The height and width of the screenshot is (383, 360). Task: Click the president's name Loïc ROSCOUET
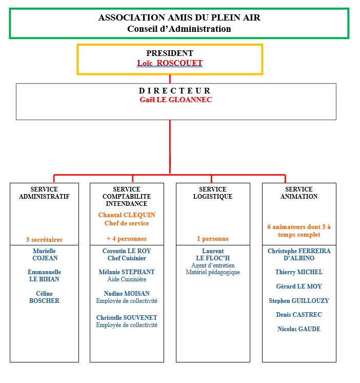(170, 63)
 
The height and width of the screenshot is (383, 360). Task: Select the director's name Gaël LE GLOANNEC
(175, 100)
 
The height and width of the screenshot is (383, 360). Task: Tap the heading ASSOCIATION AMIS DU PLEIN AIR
(179, 17)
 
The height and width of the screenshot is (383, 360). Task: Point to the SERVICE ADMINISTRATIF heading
(44, 193)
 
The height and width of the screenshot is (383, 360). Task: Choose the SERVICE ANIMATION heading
(299, 193)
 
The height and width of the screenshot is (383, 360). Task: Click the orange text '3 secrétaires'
(44, 239)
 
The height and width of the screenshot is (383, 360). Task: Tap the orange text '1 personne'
(212, 239)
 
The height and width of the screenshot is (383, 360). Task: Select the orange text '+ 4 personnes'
(126, 239)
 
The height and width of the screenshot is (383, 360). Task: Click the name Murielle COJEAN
(44, 255)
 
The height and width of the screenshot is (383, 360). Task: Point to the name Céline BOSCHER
(44, 297)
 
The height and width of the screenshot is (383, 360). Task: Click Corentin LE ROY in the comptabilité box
(126, 251)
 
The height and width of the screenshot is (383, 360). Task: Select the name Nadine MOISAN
(126, 293)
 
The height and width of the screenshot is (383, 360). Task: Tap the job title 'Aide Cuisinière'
(126, 279)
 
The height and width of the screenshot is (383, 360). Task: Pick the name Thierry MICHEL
(298, 272)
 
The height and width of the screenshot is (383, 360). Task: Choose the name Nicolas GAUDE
(298, 329)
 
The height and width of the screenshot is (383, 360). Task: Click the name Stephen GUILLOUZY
(298, 301)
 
